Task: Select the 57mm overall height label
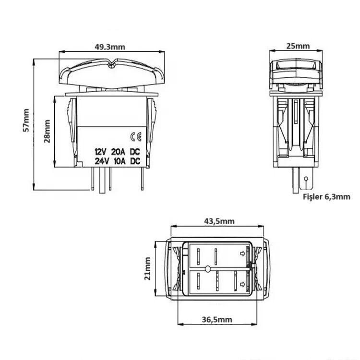(27, 120)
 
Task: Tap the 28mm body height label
(47, 130)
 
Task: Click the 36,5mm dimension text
(216, 320)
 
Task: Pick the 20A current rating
(118, 152)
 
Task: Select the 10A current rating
(118, 161)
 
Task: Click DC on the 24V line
(135, 161)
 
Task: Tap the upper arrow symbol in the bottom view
(242, 252)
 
